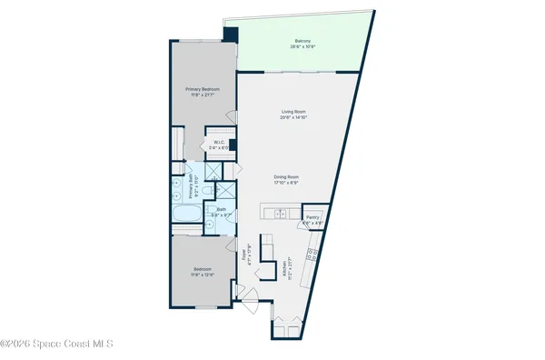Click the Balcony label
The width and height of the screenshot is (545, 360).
coord(302,40)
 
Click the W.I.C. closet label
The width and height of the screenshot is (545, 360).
coord(219,142)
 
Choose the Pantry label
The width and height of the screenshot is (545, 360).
coord(312,216)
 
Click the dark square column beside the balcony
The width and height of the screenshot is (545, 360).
coord(231,35)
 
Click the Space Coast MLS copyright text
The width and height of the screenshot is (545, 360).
coord(56,344)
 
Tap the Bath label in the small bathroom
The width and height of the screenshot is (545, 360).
coord(221,209)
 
